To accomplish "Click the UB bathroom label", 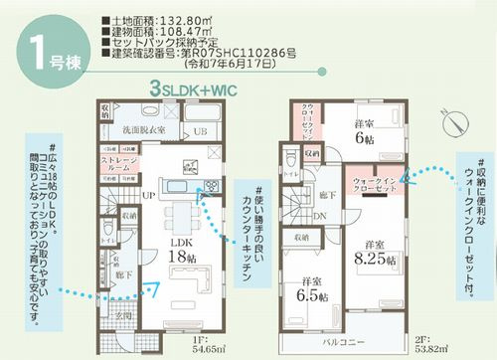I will point(200,132).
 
